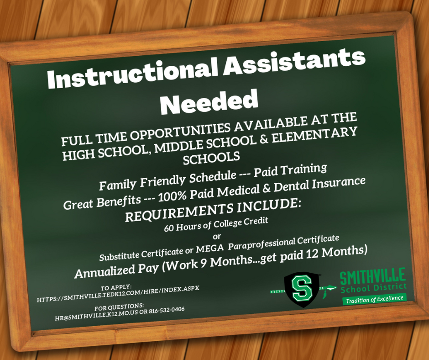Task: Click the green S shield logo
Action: [302, 289]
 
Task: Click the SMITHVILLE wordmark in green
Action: [373, 276]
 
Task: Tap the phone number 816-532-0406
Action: [167, 310]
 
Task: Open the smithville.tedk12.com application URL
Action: [118, 293]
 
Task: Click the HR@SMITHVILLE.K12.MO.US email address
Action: [96, 315]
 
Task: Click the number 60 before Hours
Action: [168, 228]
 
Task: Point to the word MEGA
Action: [210, 249]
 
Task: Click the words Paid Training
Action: [290, 170]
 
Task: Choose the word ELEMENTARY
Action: [314, 135]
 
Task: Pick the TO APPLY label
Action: [116, 287]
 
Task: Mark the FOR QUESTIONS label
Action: [119, 307]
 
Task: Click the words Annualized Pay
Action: [116, 270]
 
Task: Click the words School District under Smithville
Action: [374, 288]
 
